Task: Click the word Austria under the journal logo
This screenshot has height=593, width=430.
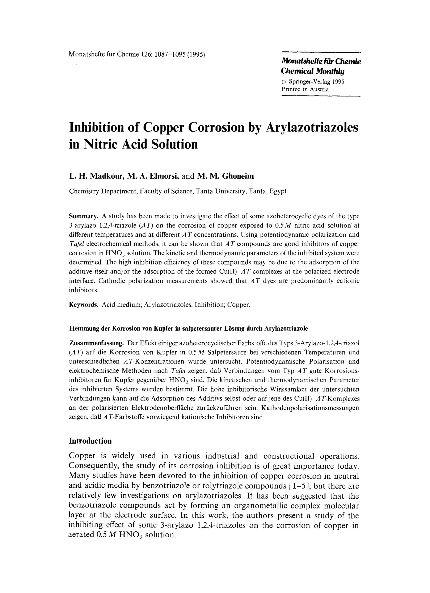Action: pyautogui.click(x=319, y=89)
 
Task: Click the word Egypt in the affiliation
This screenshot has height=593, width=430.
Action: pyautogui.click(x=278, y=191)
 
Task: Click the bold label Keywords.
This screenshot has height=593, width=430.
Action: pyautogui.click(x=84, y=305)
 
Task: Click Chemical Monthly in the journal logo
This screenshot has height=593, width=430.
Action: pyautogui.click(x=312, y=71)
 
